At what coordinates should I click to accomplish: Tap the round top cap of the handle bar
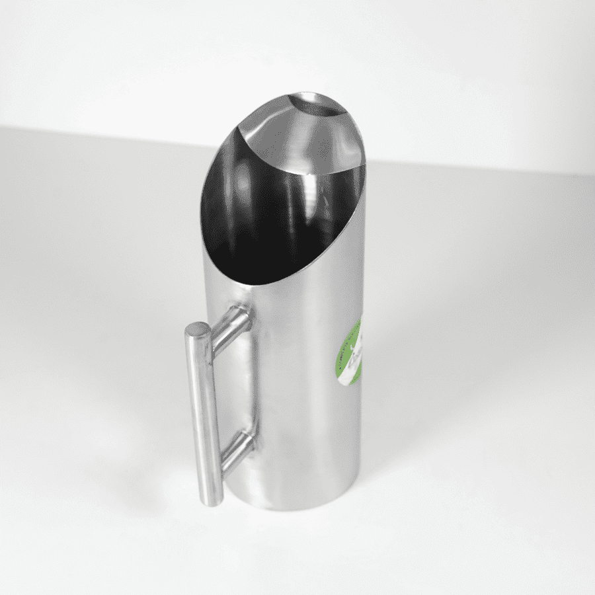coord(197,329)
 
